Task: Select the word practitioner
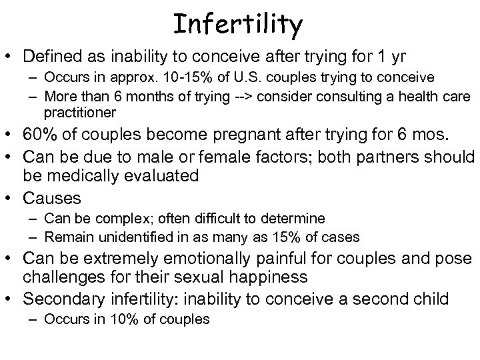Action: click(x=80, y=112)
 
